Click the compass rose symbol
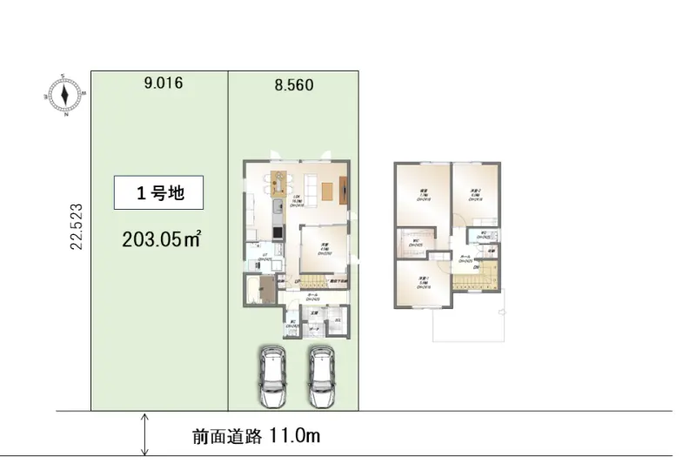[x=64, y=93]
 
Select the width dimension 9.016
[x=164, y=84]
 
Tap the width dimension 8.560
[x=293, y=85]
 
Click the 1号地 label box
[x=159, y=193]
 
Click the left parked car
[x=273, y=376]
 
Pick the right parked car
[x=321, y=376]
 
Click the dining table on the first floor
[x=278, y=182]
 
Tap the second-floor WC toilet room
[x=484, y=236]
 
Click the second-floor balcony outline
[x=468, y=324]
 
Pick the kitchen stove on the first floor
[x=278, y=232]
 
